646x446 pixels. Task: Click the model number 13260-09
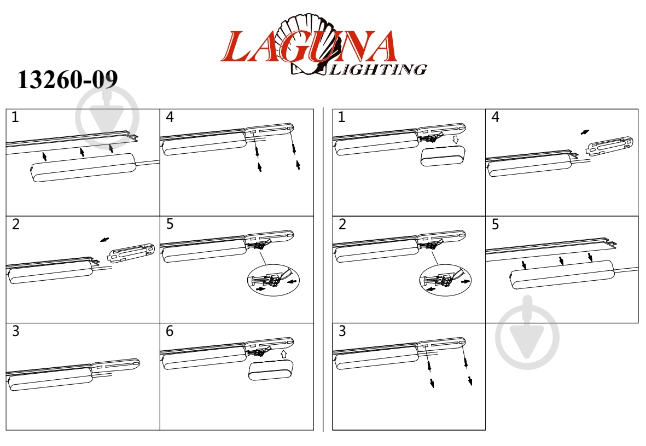tap(67, 80)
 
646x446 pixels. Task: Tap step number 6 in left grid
tap(169, 331)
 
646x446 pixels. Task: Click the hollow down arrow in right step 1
tap(455, 140)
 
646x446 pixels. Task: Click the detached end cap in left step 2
tap(132, 252)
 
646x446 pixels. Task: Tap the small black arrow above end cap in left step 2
tap(104, 240)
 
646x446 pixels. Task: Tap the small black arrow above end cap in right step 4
tap(585, 132)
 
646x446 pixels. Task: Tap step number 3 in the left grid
tap(15, 331)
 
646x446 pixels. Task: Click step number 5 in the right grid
tap(495, 224)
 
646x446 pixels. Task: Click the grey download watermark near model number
tap(107, 116)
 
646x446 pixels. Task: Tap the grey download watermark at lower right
tap(527, 332)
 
